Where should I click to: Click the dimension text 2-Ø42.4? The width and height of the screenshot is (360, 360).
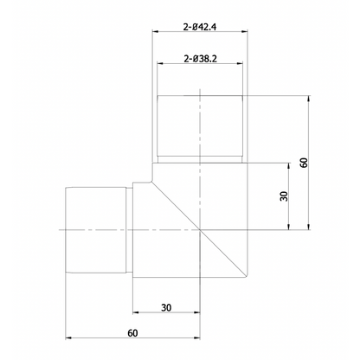point(200,27)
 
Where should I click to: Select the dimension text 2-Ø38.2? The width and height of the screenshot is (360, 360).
point(200,59)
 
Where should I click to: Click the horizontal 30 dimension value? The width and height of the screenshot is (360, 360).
point(166,307)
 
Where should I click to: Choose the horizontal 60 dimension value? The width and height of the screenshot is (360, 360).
point(132,331)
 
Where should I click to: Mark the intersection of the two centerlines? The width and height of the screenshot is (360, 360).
point(200,229)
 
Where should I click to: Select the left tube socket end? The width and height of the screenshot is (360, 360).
point(98,229)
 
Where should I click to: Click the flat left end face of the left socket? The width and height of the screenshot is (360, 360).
point(66,229)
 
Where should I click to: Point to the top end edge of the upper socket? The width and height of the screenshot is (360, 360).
point(200,93)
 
